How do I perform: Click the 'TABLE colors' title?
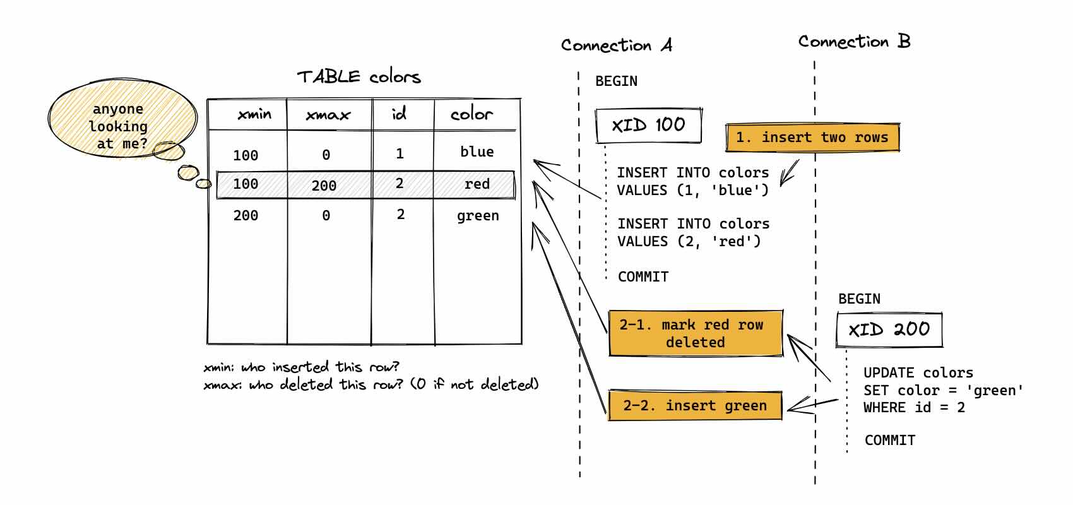click(x=359, y=77)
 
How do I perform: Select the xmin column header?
click(x=254, y=114)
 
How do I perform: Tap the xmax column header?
click(x=328, y=115)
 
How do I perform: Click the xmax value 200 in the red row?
click(x=324, y=186)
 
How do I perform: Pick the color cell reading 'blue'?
click(x=477, y=151)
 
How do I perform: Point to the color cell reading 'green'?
click(x=478, y=216)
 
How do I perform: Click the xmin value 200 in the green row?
click(x=246, y=216)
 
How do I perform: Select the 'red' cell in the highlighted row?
click(x=477, y=184)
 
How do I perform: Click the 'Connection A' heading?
click(x=616, y=45)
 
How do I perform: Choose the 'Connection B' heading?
click(x=854, y=42)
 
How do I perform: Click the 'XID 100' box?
click(x=648, y=125)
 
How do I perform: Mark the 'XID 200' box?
click(x=889, y=330)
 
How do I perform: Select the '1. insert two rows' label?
click(x=812, y=138)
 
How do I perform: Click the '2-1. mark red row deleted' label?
click(x=695, y=333)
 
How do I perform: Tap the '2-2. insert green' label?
click(x=694, y=406)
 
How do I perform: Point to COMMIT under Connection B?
click(x=889, y=441)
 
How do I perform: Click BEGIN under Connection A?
click(x=616, y=81)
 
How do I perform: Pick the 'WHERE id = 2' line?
click(x=914, y=408)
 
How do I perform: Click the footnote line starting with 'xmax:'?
click(x=371, y=384)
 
